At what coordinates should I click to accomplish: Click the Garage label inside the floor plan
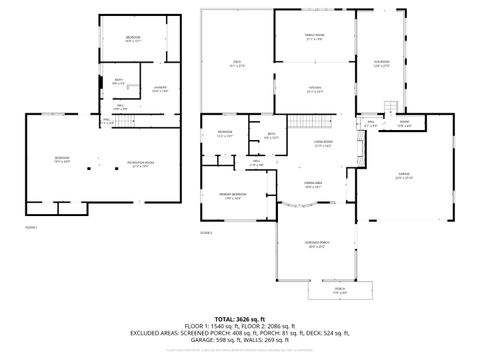click(404, 176)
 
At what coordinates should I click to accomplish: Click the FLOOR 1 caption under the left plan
click(31, 229)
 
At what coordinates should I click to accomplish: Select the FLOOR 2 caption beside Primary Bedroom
click(206, 232)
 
